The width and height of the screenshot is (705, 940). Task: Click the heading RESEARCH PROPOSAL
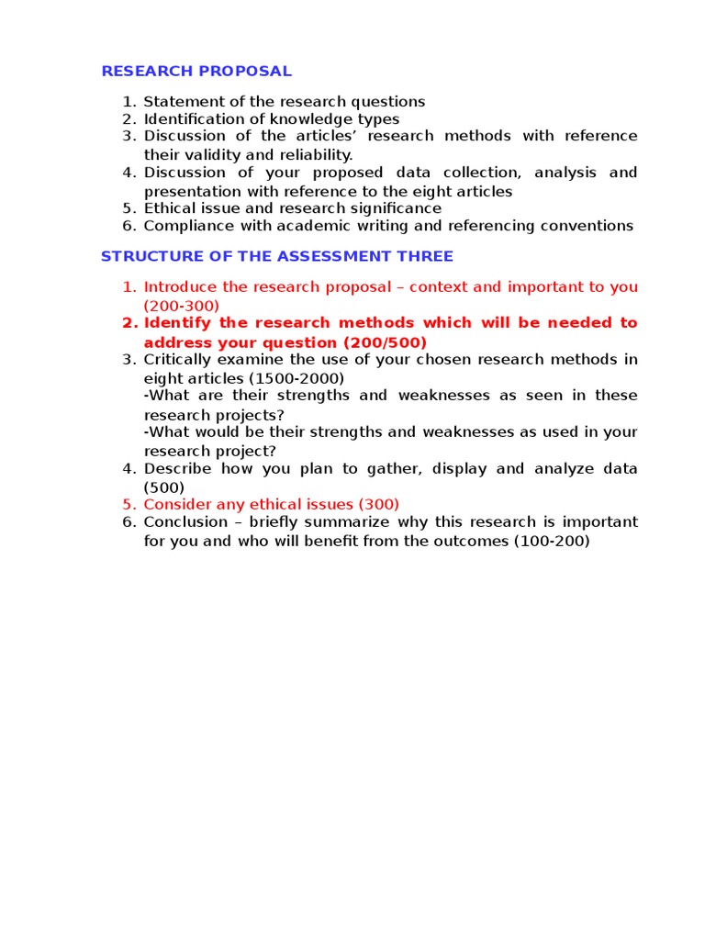pos(196,71)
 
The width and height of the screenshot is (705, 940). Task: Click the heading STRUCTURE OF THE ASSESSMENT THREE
pos(276,256)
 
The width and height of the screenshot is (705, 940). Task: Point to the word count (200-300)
pos(182,306)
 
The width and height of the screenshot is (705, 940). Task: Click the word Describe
pos(179,468)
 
